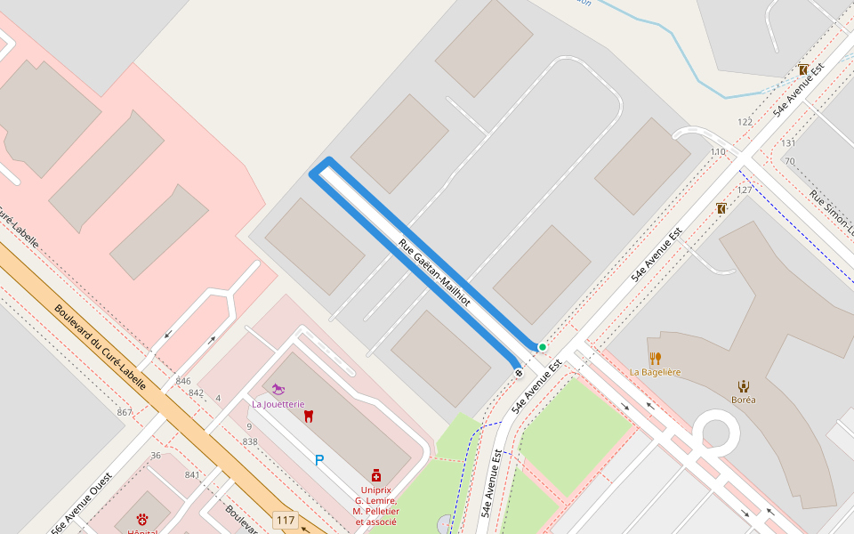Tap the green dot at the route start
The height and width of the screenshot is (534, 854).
[x=542, y=347]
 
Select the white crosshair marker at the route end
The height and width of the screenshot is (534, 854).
[x=519, y=373]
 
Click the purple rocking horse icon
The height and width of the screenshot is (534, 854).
[x=280, y=389]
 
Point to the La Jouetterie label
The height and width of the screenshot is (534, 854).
[x=278, y=403]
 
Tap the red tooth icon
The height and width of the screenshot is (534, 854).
[x=309, y=416]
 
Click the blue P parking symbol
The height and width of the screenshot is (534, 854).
[x=319, y=460]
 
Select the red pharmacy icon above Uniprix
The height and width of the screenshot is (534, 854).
[x=376, y=476]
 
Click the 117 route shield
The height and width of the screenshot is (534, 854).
[x=286, y=520]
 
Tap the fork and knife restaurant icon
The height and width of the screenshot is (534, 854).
[x=656, y=358]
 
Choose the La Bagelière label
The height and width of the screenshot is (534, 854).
[x=656, y=372]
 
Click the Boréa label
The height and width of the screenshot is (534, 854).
[x=743, y=400]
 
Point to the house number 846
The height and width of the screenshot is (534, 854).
[x=183, y=381]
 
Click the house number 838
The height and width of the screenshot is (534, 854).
[x=250, y=441]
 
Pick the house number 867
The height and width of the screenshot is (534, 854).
[x=125, y=412]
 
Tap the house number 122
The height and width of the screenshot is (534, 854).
[x=745, y=122]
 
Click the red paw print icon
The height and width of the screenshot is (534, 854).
[x=142, y=519]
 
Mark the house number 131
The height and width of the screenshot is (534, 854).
[x=788, y=142]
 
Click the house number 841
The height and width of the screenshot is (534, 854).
[x=192, y=474]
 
